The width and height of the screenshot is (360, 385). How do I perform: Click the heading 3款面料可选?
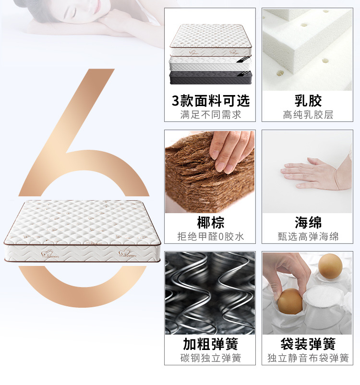tap(210, 101)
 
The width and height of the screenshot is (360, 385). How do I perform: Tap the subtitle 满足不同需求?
tap(211, 115)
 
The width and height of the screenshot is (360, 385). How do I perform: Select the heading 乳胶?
tap(308, 101)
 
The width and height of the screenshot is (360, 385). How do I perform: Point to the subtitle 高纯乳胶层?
tap(308, 115)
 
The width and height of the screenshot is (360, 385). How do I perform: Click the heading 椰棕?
tap(210, 222)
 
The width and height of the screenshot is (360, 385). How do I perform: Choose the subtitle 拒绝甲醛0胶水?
tap(210, 237)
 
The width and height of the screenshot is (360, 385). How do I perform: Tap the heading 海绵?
tap(308, 222)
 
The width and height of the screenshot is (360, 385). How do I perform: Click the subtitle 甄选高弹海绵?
tap(308, 237)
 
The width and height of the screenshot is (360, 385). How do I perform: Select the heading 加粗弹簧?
tap(210, 344)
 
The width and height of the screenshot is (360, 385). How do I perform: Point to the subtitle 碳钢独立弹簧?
tap(211, 358)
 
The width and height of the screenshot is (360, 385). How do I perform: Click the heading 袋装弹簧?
tap(308, 344)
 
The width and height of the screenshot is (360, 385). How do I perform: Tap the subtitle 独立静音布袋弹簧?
tap(308, 358)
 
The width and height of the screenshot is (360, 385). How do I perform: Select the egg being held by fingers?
tap(290, 301)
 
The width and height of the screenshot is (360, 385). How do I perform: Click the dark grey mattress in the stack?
tap(210, 78)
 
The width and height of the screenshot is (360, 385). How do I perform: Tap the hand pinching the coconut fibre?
tap(231, 151)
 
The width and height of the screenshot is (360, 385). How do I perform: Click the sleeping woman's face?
tap(84, 10)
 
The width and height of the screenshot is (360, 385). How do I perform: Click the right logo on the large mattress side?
tap(127, 253)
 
